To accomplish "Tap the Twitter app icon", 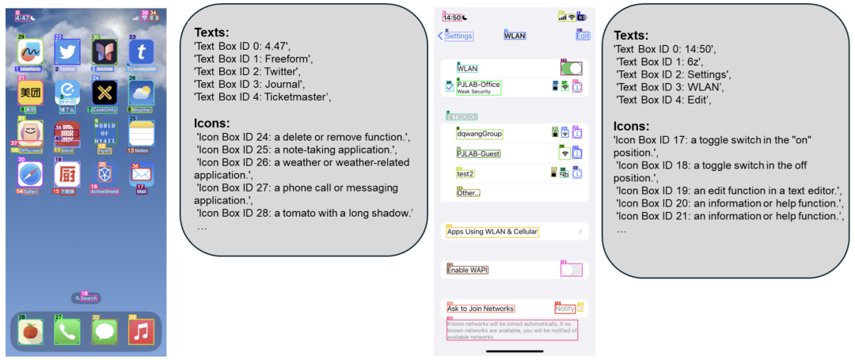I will (67, 52).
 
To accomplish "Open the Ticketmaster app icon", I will (142, 52).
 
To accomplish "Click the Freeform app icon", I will (29, 52).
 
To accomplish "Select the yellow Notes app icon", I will (142, 132).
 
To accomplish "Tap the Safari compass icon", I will (29, 173).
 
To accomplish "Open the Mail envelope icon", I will (142, 173).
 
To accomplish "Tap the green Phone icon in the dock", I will (67, 330).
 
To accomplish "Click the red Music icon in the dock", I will (142, 330).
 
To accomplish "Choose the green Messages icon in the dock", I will (104, 330).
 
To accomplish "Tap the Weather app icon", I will (142, 93).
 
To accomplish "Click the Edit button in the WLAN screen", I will (583, 36).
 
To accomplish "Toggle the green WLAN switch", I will (571, 69).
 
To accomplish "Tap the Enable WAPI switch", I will (571, 270).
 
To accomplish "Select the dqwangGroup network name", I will (480, 134).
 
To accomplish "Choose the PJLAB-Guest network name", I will (478, 153).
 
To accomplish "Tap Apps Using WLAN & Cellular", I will (492, 232).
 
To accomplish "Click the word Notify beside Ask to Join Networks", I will (564, 309).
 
